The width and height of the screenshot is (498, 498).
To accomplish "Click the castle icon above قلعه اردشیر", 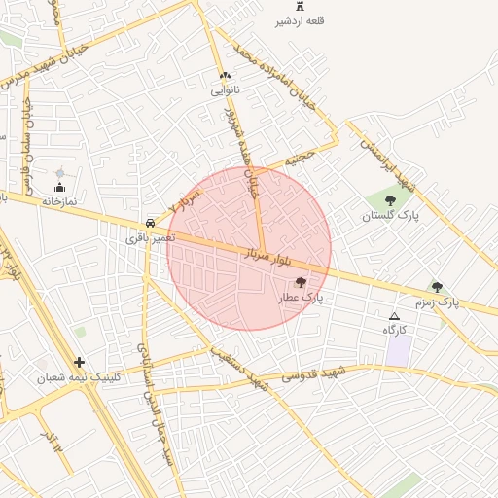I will coord(299,6).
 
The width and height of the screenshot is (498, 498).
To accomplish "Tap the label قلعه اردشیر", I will coord(299,20).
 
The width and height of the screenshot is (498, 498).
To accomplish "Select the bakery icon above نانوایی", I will coord(225,75).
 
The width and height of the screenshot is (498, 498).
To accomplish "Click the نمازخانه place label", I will coord(58,200).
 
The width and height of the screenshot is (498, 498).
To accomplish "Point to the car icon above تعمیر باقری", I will coord(149,221).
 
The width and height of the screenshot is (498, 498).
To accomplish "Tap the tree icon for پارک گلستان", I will coord(390,200).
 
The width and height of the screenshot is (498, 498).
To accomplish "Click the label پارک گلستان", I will coord(390,216).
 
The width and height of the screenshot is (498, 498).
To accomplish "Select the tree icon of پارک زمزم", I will coord(437,287).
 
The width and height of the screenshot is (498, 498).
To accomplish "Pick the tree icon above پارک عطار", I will coord(300,282).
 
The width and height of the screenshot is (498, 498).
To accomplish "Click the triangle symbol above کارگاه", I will coord(394,316).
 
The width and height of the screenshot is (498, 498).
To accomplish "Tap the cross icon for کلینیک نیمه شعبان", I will coord(79,362).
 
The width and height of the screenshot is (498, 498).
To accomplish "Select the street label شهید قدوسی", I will coord(321,373).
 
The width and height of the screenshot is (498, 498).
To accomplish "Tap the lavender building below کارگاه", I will coord(398,351).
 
